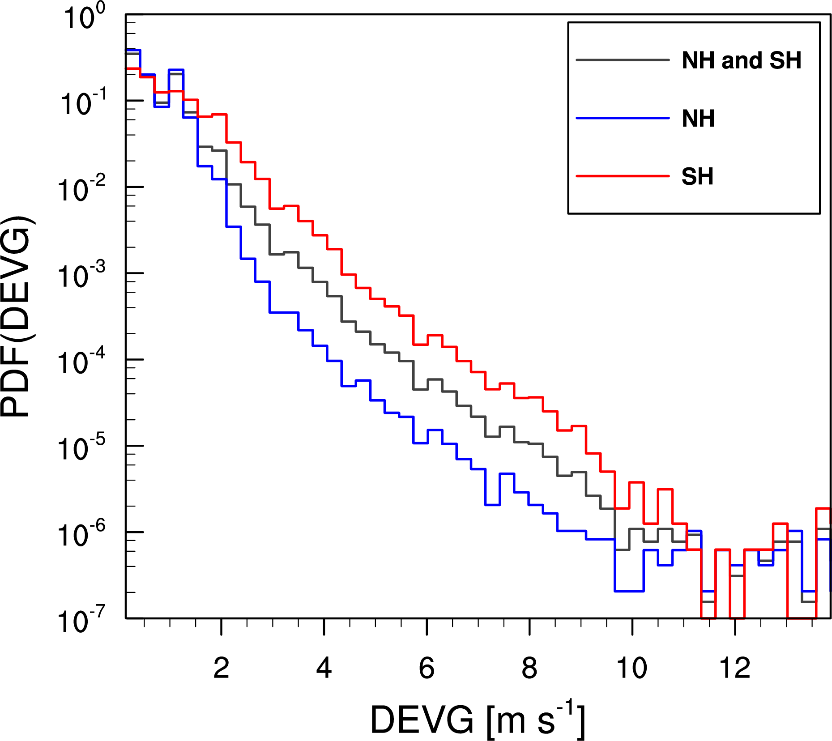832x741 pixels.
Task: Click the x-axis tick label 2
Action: pos(221,669)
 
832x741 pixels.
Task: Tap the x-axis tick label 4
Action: pos(324,669)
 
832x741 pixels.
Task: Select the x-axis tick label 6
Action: pos(427,669)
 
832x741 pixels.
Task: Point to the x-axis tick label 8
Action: pos(529,669)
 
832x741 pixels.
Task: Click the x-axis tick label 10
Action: pos(631,669)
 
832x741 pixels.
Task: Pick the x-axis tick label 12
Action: pos(734,669)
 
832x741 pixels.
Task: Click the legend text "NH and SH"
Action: pos(741,60)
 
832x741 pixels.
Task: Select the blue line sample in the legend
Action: pos(622,118)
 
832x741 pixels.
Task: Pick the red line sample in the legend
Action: pos(622,176)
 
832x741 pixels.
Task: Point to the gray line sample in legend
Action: pos(622,60)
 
